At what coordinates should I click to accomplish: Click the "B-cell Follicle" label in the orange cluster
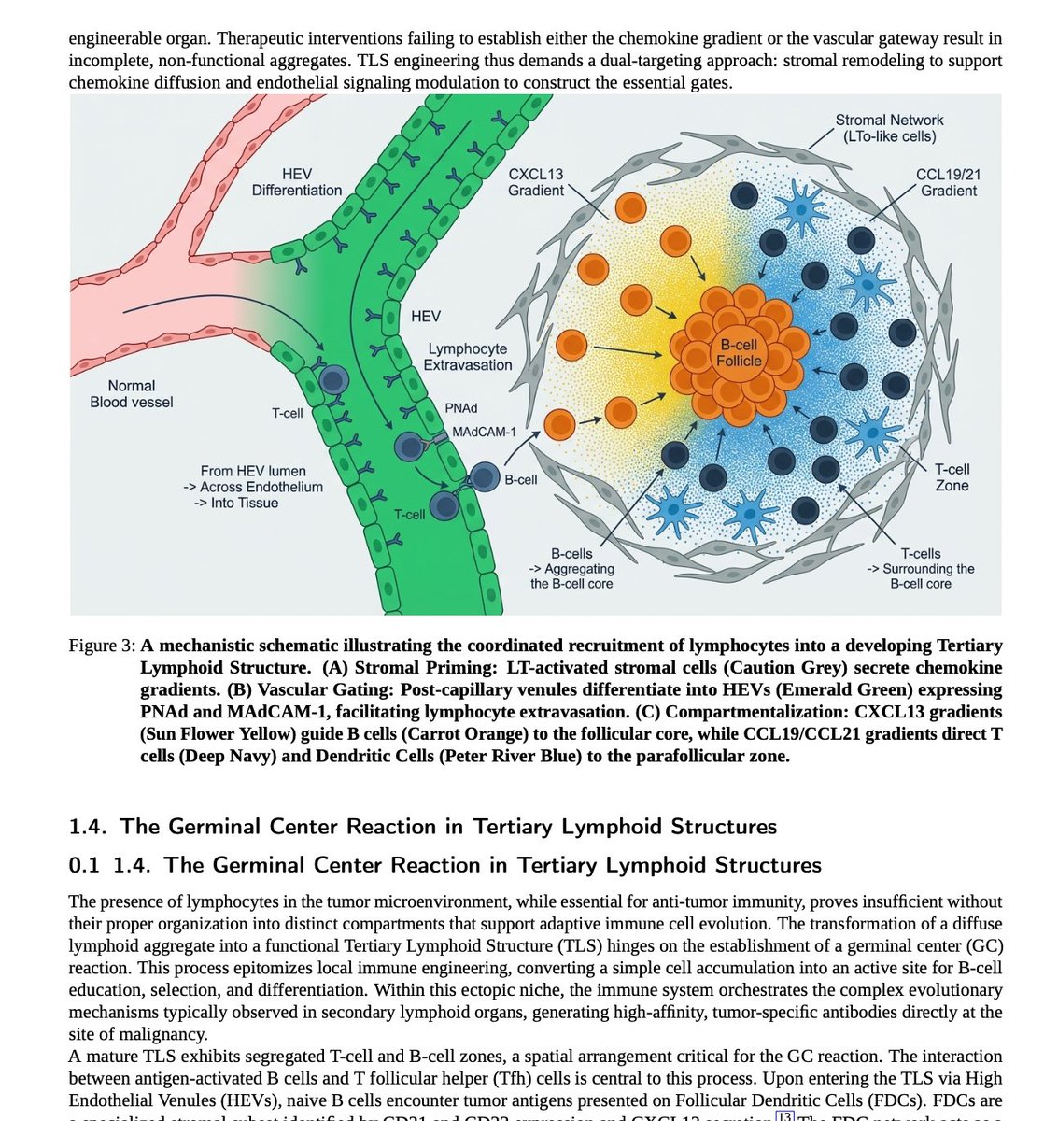(x=739, y=353)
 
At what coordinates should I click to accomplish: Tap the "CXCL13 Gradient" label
(x=535, y=182)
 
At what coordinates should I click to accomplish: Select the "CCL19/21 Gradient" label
(x=948, y=182)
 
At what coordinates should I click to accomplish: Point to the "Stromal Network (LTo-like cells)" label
(x=888, y=128)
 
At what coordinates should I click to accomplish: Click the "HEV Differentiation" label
(x=297, y=182)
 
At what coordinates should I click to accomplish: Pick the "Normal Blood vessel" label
(x=132, y=393)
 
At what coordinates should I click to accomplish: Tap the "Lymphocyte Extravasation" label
(x=467, y=357)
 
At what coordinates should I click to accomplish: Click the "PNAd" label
(x=461, y=409)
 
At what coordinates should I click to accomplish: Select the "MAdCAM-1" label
(x=483, y=433)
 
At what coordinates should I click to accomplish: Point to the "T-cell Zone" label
(x=952, y=477)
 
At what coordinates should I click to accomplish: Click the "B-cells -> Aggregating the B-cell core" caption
(x=571, y=569)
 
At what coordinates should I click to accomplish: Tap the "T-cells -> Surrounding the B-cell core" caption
(x=920, y=569)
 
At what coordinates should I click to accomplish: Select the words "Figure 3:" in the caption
(x=103, y=646)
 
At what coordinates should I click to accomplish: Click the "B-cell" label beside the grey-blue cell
(x=520, y=479)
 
